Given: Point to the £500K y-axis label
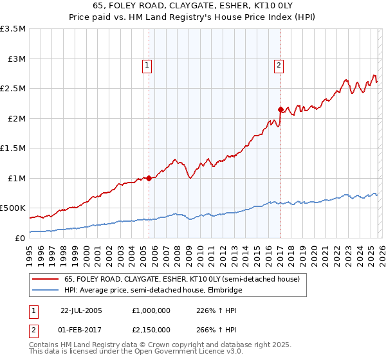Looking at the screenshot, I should coord(13,208).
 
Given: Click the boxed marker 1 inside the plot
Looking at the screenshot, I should coord(147,64).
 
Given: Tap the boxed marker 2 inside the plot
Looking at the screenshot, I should coord(279,64).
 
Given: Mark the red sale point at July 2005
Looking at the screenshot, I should coord(149,178).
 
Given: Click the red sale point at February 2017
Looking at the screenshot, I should coord(280,109).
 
